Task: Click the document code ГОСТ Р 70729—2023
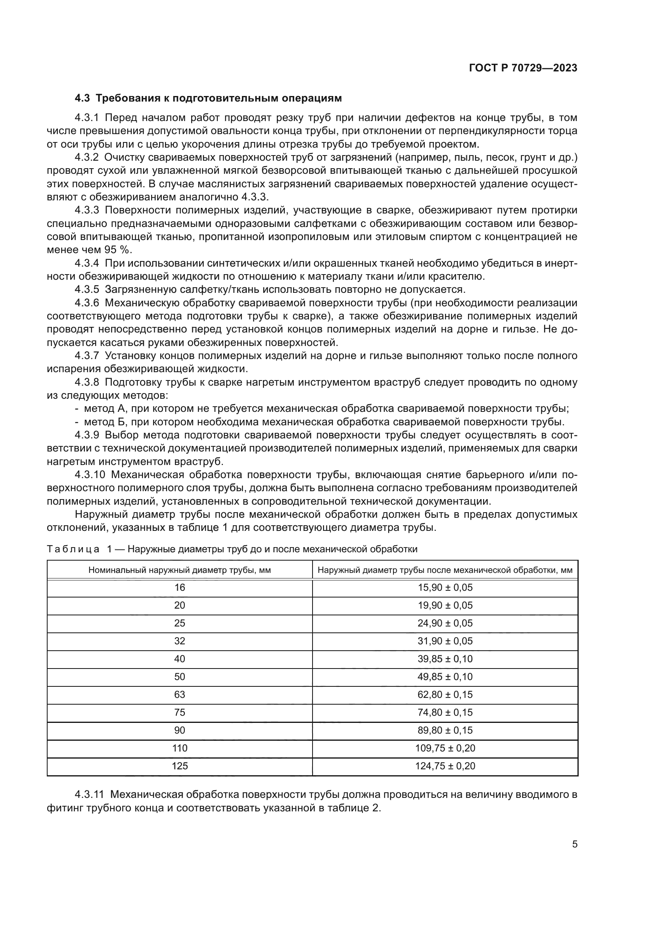[x=523, y=68]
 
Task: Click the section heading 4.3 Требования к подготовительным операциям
[x=208, y=98]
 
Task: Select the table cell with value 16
[x=179, y=588]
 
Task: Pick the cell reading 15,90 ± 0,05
[x=445, y=588]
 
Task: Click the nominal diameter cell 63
[x=179, y=694]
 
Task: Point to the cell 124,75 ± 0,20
[x=445, y=766]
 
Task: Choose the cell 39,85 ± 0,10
[x=445, y=659]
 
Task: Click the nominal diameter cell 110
[x=179, y=748]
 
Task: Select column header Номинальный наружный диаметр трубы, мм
[x=179, y=570]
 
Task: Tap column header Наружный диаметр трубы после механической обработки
[x=445, y=570]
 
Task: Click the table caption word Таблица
[x=73, y=549]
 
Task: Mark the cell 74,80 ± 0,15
[x=445, y=712]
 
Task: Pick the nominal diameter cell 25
[x=179, y=623]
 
